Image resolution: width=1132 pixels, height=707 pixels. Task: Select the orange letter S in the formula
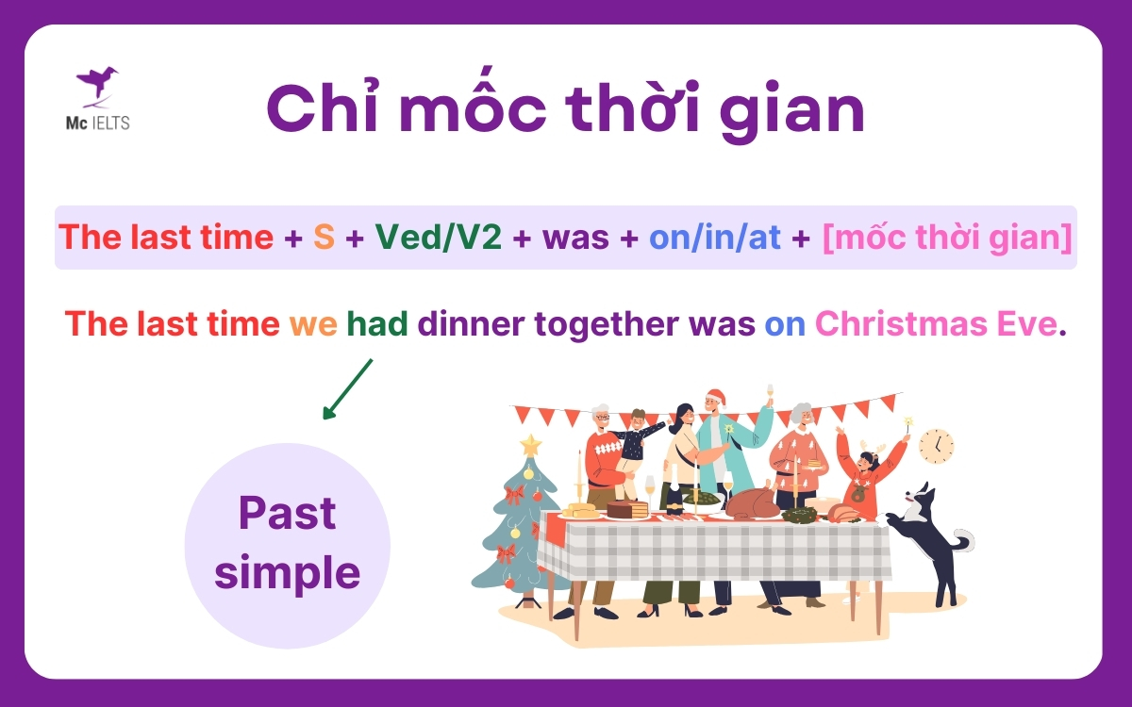point(324,238)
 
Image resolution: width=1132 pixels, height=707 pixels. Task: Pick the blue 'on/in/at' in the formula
point(715,238)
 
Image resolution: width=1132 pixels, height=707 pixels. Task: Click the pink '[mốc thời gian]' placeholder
point(947,238)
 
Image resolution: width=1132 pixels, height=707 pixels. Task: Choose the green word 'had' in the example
point(377,324)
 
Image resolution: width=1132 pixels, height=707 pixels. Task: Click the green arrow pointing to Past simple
point(347,388)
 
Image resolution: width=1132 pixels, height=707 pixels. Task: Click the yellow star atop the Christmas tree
point(531,444)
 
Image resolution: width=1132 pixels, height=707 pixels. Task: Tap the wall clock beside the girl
point(936,446)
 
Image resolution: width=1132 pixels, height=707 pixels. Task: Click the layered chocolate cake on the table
point(627,509)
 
